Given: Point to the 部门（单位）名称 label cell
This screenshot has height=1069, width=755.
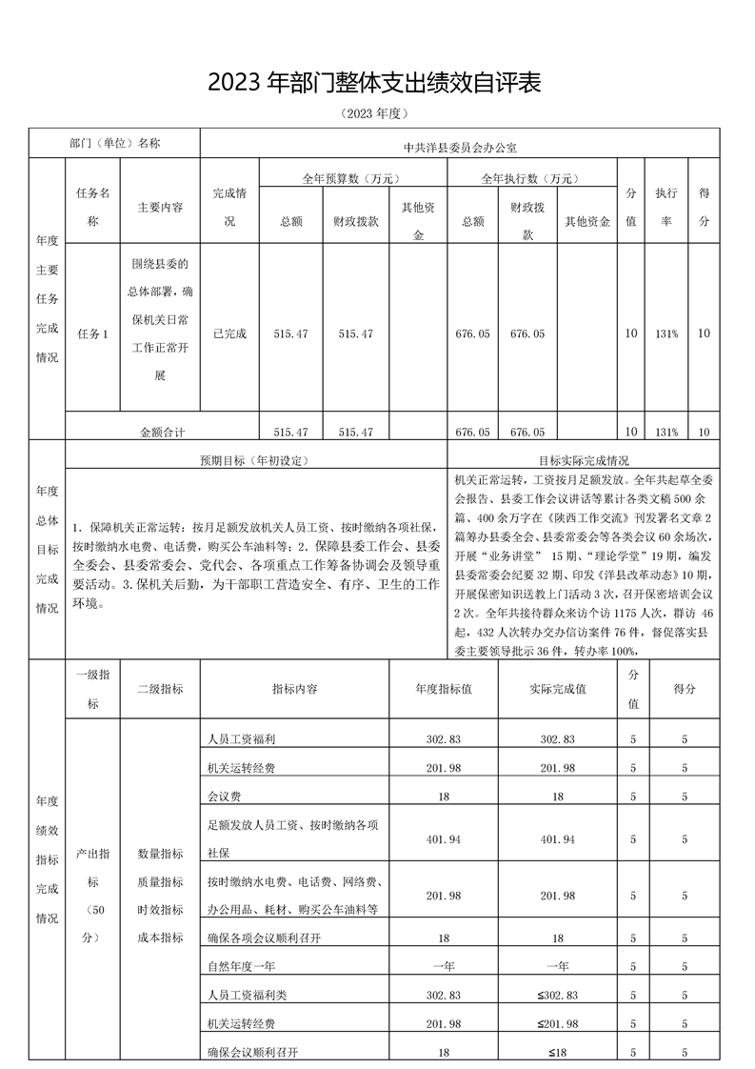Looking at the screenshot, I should (x=115, y=144).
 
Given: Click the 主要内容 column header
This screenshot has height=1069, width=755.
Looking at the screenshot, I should (x=160, y=207).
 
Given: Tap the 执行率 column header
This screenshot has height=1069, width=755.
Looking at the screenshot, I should (x=666, y=207).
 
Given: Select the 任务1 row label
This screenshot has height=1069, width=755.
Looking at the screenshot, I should (x=92, y=333).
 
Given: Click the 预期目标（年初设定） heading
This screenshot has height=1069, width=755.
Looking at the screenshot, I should (x=255, y=460).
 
